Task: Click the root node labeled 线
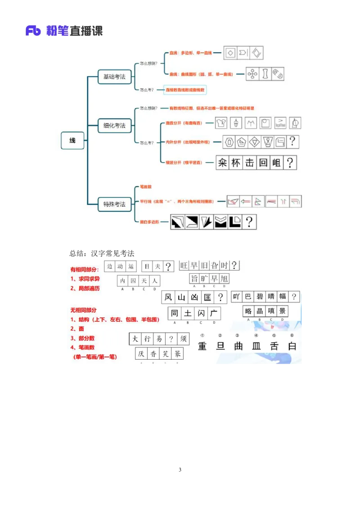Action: (72, 141)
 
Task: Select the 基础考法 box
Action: (114, 77)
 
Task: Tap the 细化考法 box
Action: (114, 125)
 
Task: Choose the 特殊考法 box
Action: (114, 204)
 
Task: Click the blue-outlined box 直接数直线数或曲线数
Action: (184, 90)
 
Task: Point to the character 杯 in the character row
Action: (236, 162)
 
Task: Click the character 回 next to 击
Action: (263, 162)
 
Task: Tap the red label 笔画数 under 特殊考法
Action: (145, 187)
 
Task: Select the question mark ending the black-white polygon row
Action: (248, 222)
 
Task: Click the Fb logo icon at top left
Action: (33, 31)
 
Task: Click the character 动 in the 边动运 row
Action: (120, 266)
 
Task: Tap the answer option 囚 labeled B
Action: (133, 281)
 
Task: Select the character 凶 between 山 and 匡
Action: (194, 297)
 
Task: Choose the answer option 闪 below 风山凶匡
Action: (201, 313)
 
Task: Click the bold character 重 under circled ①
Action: (202, 346)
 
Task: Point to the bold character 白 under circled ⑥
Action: (292, 346)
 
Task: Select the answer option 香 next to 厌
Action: (154, 354)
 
